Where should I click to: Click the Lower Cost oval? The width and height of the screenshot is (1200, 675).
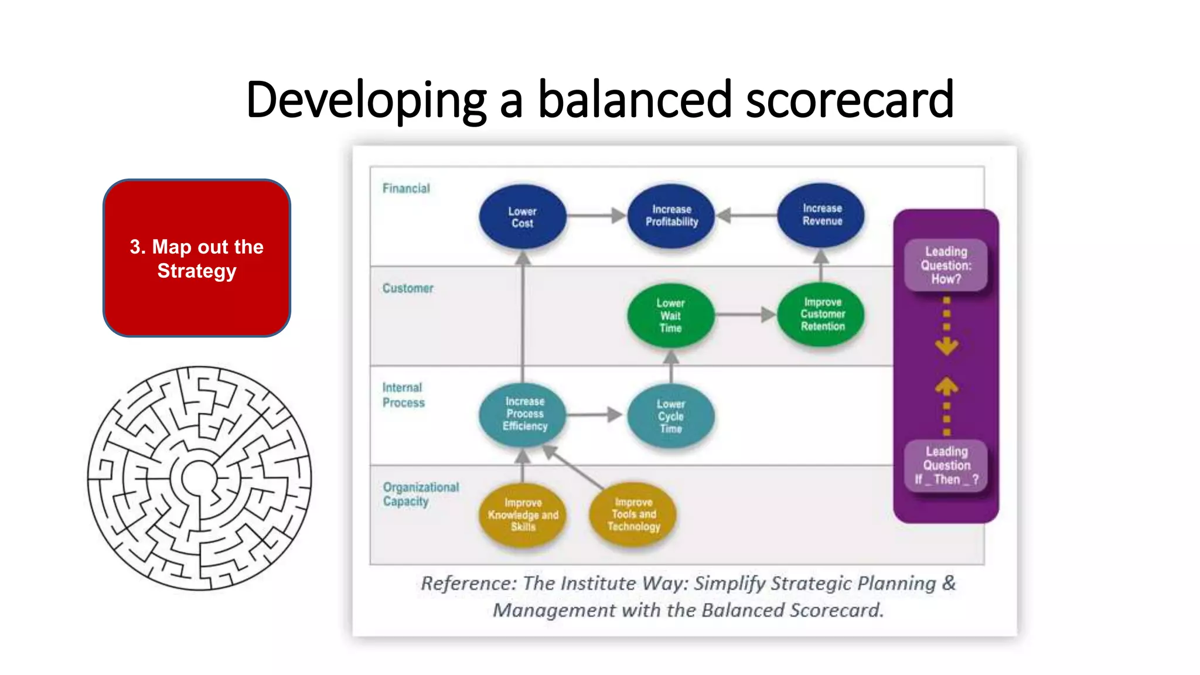point(522,217)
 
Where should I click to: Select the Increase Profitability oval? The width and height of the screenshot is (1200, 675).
point(671,216)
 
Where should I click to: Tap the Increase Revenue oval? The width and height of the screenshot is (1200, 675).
point(821,214)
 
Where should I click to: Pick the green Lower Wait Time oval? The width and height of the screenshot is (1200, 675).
point(670,316)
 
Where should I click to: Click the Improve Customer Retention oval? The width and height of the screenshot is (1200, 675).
point(821,315)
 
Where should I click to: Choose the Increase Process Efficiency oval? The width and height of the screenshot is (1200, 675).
point(523,414)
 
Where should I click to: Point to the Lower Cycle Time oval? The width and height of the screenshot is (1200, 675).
point(670,416)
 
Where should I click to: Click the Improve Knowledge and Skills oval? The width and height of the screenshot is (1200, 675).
point(523,515)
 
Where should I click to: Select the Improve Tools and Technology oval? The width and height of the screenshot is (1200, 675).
point(633,514)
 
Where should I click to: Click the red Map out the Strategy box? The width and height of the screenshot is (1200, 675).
point(197,258)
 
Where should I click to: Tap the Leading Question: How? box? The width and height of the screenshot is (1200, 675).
point(946,265)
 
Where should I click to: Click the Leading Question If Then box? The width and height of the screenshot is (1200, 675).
point(946,466)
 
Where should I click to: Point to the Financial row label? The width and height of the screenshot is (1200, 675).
point(406,189)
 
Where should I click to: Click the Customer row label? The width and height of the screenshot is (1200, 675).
point(408,288)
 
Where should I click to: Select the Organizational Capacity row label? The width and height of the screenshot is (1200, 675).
point(420,494)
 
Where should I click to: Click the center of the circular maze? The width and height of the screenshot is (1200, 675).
point(199,478)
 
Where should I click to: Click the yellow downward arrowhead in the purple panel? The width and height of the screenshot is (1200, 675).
point(946,346)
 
